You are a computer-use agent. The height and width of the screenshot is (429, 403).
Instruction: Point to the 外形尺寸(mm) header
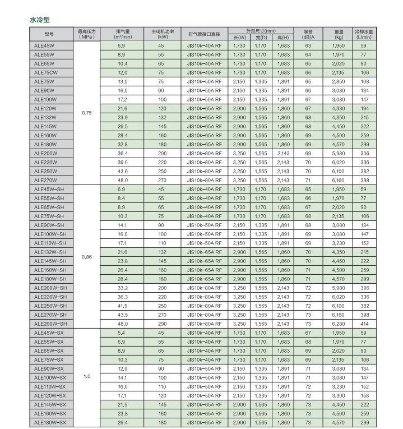261,30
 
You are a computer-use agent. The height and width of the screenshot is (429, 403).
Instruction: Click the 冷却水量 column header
364,33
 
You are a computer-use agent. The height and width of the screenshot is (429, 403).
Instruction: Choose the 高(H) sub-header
283,38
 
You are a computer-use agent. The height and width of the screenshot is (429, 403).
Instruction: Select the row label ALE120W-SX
50,395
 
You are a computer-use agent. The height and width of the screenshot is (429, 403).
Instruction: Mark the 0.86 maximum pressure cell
87,256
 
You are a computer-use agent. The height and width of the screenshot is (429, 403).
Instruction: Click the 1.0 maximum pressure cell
87,376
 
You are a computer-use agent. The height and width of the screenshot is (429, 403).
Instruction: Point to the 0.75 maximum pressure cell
87,113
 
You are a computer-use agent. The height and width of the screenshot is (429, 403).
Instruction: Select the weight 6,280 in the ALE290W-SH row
337,324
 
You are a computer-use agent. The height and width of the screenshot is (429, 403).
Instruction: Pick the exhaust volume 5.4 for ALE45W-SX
122,333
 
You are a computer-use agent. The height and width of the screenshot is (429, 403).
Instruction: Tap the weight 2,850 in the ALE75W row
337,81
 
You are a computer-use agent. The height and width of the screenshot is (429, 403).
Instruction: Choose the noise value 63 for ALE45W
308,45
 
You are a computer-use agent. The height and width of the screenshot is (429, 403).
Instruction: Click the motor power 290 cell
161,324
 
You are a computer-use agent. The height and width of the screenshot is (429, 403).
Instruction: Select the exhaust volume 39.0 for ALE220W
122,162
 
